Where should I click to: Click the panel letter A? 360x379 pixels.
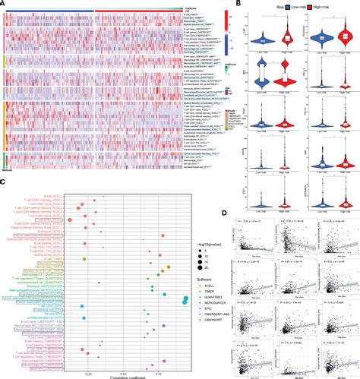(5, 4)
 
